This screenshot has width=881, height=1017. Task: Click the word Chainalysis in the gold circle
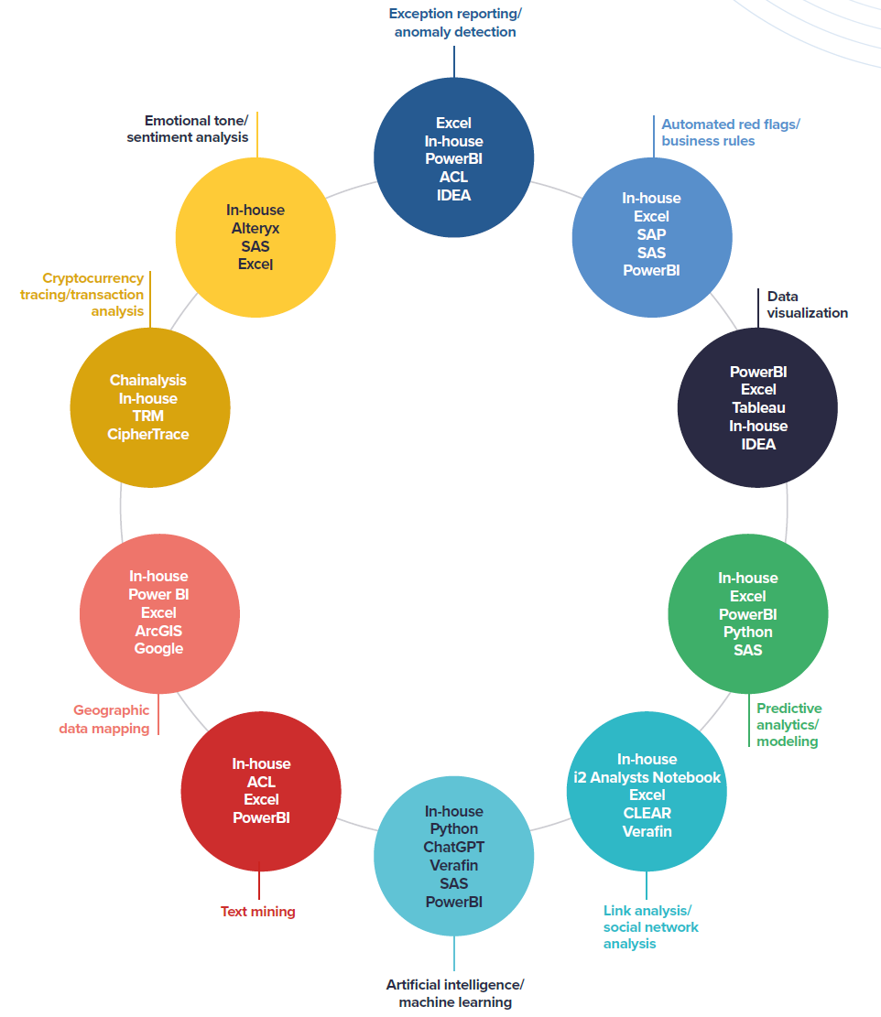147,380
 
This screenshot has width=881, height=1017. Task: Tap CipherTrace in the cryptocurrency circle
147,434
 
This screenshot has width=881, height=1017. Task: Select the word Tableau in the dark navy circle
758,407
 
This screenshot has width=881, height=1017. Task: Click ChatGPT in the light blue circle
453,847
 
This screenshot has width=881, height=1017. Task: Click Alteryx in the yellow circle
256,228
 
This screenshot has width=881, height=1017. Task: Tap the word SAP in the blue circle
651,234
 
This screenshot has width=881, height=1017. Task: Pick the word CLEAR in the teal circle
647,813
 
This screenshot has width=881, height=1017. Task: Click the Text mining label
257,912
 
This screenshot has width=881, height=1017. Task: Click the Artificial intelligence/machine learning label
454,993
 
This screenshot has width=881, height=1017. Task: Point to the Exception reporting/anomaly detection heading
454,23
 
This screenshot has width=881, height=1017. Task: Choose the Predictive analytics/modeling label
789,724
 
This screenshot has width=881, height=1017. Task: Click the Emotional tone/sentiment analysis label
196,129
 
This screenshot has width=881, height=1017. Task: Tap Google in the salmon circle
158,648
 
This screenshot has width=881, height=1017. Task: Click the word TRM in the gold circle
147,416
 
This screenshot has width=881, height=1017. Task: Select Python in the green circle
747,632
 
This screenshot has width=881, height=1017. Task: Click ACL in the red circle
261,782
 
